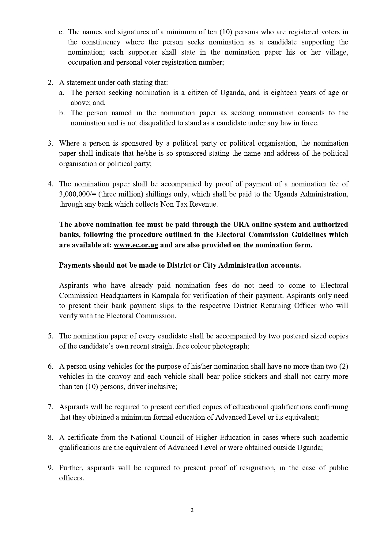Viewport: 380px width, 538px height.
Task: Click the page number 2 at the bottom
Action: tap(192, 510)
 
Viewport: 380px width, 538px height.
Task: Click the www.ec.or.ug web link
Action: tap(136, 245)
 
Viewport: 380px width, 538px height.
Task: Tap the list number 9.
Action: tap(51, 468)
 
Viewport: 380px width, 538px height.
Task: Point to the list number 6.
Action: tap(51, 366)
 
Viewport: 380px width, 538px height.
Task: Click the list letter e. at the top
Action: tap(61, 32)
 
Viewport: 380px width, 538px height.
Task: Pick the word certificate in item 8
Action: tap(82, 437)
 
